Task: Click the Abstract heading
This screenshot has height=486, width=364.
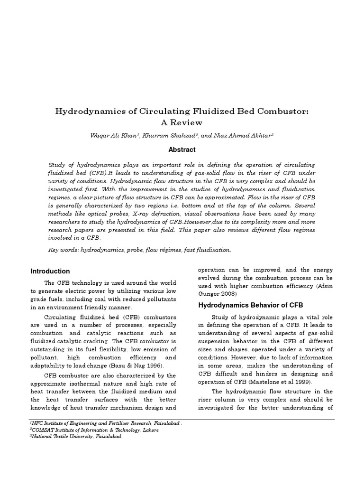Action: coord(182,150)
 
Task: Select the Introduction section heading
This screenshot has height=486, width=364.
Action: coord(50,271)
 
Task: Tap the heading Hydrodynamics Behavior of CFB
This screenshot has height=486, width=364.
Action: coord(250,305)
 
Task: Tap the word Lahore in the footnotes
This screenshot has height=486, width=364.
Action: coord(149,430)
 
